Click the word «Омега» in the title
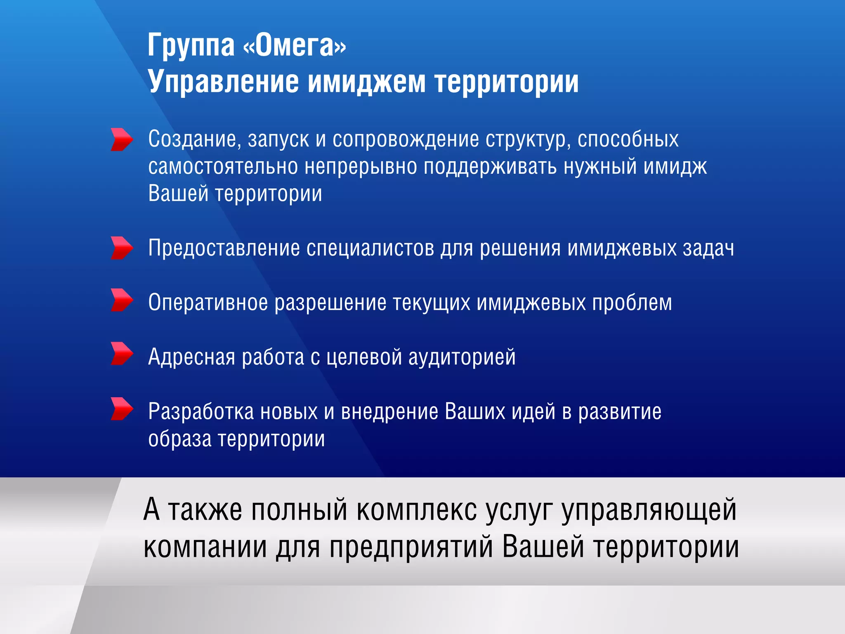295,45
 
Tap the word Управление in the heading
223,82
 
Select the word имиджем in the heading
366,82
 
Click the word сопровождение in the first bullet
406,140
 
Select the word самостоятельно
223,167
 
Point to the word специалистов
370,248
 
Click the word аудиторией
462,357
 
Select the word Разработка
201,412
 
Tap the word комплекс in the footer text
416,510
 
